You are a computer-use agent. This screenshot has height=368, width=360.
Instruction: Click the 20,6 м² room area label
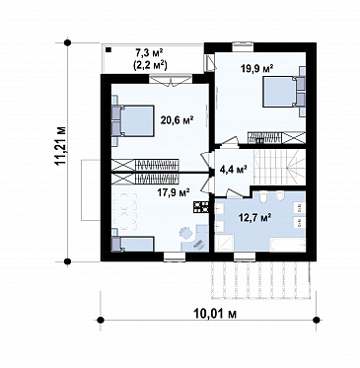click(x=177, y=120)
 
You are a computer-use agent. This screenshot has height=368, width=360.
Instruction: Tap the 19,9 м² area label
click(x=257, y=69)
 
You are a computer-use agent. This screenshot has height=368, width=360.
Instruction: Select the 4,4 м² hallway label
click(x=233, y=170)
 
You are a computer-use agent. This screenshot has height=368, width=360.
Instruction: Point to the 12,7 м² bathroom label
click(x=254, y=217)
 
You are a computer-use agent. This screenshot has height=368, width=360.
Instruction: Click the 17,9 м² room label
click(x=174, y=191)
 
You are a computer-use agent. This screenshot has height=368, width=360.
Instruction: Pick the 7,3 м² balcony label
click(x=150, y=52)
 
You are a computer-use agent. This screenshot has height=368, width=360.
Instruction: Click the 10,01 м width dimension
click(x=215, y=315)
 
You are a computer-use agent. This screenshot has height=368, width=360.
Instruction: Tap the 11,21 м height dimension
click(x=61, y=145)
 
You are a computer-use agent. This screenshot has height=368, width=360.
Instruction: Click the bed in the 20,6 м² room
click(x=133, y=120)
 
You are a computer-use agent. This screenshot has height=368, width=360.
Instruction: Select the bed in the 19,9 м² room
click(x=283, y=92)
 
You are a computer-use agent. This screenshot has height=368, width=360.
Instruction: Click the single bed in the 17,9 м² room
click(x=133, y=244)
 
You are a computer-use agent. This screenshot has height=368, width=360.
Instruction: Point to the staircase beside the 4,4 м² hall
click(x=279, y=168)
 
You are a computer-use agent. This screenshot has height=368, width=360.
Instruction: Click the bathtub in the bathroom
click(x=287, y=246)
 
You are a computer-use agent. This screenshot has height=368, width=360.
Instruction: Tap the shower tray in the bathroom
click(x=224, y=244)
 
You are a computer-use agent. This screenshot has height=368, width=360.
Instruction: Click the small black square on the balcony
click(x=108, y=50)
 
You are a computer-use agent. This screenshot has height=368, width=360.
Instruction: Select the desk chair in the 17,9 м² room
click(x=185, y=233)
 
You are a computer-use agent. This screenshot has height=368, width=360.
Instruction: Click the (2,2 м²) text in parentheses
click(x=150, y=65)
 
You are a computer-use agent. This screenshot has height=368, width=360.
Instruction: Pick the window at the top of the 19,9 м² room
click(x=243, y=46)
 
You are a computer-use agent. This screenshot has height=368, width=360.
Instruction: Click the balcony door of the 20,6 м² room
click(x=171, y=80)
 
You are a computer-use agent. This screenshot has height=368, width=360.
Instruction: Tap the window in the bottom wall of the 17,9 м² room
click(x=175, y=258)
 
